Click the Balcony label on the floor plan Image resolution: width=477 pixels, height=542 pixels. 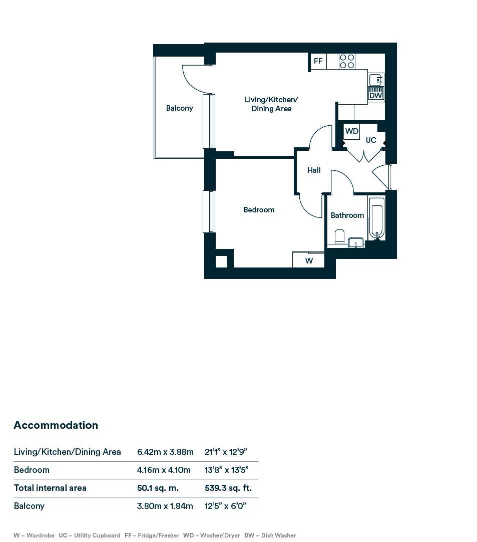point(179,108)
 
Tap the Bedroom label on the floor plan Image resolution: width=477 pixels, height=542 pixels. point(259,210)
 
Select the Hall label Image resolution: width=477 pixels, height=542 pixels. point(314,170)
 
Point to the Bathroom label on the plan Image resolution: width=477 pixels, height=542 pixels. point(347,215)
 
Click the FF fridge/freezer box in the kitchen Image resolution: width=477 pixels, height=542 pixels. point(318,61)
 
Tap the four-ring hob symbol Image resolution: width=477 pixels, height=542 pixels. point(347,62)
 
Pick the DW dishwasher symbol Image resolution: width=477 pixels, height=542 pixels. point(376,93)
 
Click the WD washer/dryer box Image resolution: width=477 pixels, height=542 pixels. point(352,131)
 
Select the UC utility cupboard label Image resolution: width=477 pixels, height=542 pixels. point(371,140)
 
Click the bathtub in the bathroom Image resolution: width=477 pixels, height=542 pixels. point(376,218)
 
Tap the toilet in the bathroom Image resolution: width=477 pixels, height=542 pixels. point(339,237)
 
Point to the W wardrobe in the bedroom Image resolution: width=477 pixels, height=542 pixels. point(308,260)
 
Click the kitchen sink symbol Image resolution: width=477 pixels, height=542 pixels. point(376,80)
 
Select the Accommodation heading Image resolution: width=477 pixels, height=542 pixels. point(56,425)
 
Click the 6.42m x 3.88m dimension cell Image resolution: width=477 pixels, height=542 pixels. point(165,452)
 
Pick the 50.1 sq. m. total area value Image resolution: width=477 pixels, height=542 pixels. point(158,488)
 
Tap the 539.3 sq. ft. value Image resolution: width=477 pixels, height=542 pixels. point(228,488)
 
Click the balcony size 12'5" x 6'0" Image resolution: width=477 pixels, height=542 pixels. point(225,506)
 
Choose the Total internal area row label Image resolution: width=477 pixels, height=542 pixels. point(50,488)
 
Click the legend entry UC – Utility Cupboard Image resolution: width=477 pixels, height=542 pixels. point(90,535)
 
